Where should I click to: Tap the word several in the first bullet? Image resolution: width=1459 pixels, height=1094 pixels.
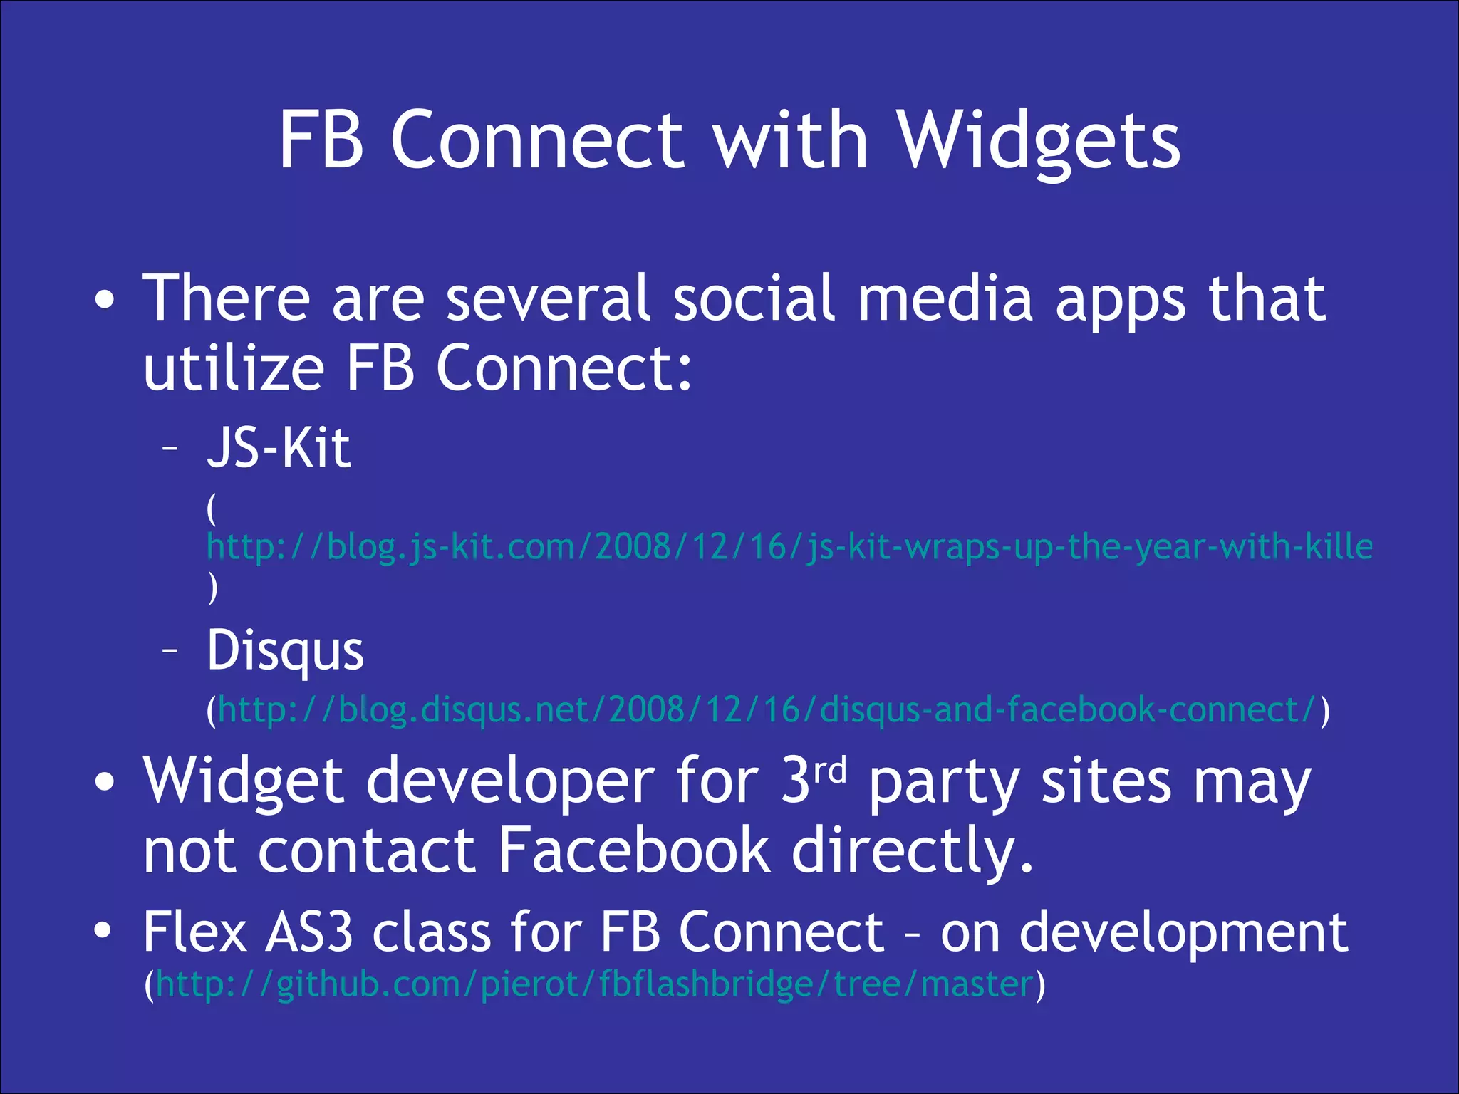click(547, 299)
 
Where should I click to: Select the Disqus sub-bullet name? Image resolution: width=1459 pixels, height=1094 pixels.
click(285, 651)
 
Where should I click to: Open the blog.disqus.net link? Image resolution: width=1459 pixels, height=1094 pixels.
click(767, 710)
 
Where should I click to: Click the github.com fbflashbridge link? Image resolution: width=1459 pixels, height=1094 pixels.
click(594, 985)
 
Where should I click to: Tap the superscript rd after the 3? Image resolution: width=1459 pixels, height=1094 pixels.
click(831, 771)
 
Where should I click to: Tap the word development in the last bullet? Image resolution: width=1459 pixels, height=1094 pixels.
click(1183, 933)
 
